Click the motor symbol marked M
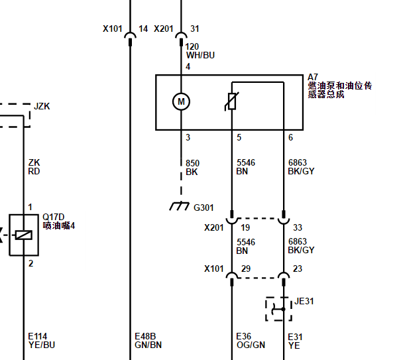click(181, 101)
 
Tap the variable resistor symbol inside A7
click(231, 101)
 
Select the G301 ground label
click(203, 208)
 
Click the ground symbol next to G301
click(180, 206)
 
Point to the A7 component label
click(313, 77)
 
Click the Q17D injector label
click(54, 217)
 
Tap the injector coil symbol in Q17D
click(24, 235)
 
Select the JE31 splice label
click(304, 301)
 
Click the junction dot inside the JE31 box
click(284, 309)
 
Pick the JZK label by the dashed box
click(42, 106)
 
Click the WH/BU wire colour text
click(201, 55)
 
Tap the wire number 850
click(193, 163)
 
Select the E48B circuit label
click(145, 336)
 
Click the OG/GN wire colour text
click(251, 345)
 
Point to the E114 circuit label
click(38, 336)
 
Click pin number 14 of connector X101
click(143, 29)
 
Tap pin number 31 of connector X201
click(195, 29)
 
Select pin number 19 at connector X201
click(245, 227)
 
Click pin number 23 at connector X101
click(298, 269)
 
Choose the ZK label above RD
click(34, 162)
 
